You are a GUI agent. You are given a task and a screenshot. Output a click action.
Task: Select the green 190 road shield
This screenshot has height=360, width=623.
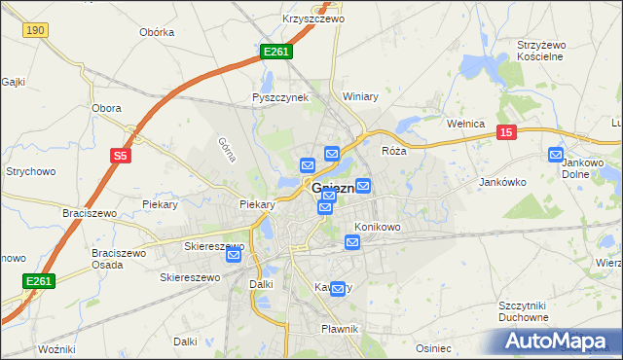[36, 31]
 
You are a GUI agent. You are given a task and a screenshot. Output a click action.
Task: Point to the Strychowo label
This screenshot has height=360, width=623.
[29, 171]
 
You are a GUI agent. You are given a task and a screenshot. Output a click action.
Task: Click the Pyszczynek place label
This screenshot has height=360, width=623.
[279, 97]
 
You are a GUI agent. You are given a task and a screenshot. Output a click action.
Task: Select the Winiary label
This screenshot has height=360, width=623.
[360, 97]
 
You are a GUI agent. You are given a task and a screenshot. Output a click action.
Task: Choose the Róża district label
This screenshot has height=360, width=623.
[393, 152]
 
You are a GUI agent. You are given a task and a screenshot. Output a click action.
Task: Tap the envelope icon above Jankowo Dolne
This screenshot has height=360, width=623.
[556, 154]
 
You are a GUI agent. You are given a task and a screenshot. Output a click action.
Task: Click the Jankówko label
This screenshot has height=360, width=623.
[502, 182]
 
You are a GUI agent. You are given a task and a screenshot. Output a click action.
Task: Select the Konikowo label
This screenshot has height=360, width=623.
[377, 227]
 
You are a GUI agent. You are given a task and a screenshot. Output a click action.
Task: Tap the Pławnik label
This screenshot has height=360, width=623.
[340, 329]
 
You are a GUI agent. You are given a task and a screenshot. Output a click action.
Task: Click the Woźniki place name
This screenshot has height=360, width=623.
[55, 348]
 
